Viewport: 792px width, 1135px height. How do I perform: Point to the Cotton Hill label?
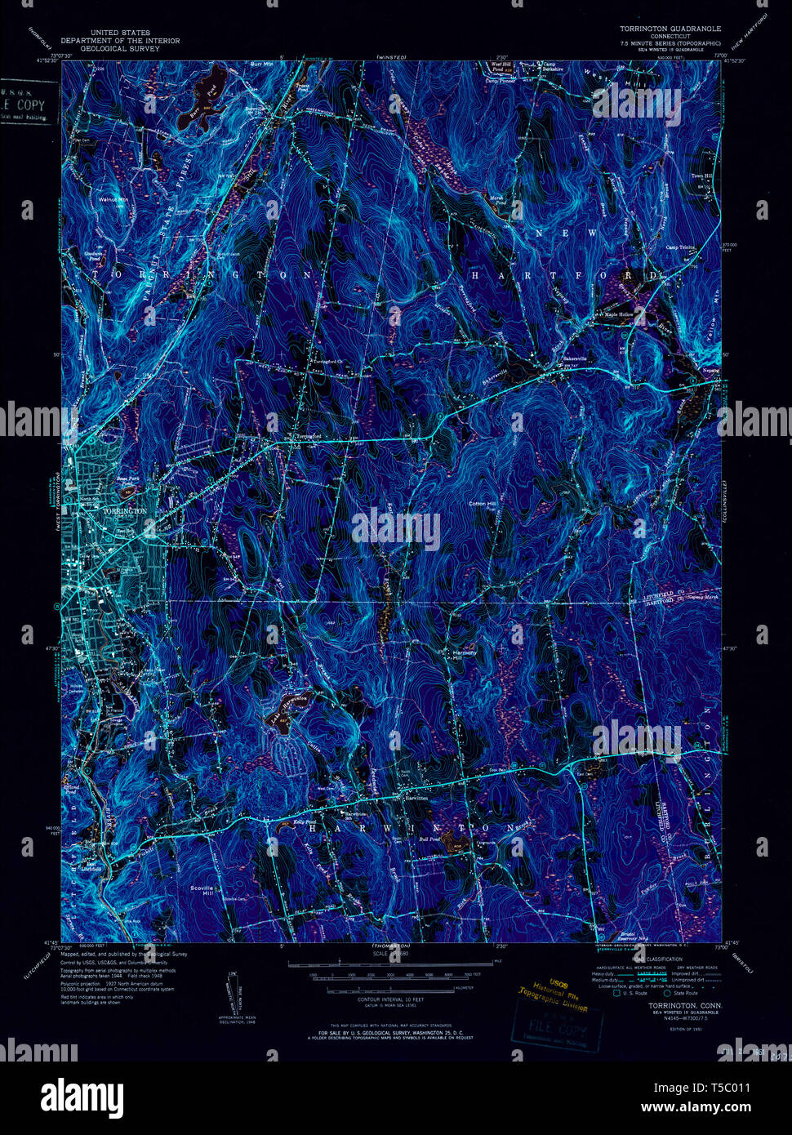[x=481, y=504]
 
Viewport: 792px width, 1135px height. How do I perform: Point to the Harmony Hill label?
[x=465, y=653]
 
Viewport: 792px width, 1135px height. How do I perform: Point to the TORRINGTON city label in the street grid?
[x=126, y=510]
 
